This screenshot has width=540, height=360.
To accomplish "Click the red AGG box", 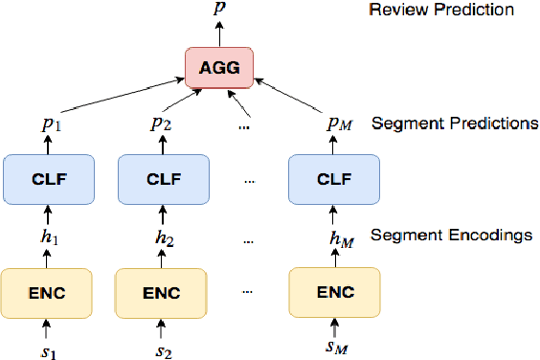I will pos(220,68).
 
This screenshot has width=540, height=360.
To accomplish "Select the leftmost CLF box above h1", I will pos(44,179).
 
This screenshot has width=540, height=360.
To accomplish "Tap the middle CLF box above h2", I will pos(160,179).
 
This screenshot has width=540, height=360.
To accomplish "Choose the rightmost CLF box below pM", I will pos(327,179).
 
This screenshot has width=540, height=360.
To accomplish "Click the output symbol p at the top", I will pos(220,9).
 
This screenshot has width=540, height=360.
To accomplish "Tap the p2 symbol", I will pos(160,125).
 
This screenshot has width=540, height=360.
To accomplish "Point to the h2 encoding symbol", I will pos(160,235).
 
